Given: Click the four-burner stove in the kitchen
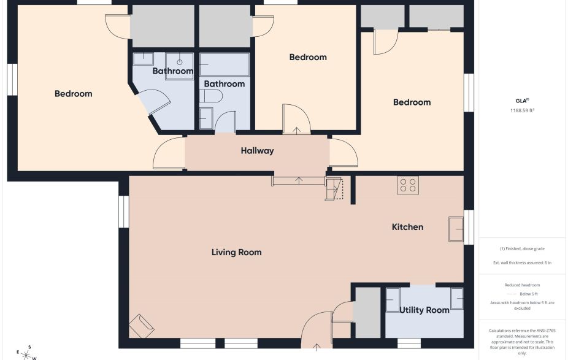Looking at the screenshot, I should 408,185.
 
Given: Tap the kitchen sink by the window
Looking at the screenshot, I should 456,229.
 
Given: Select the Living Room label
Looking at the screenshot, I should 236,252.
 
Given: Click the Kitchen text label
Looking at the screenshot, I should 407,227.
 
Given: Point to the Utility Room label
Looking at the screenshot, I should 424,310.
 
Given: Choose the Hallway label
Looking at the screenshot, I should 257,151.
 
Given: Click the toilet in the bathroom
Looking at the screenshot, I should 211,97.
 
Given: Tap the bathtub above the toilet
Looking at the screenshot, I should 224,64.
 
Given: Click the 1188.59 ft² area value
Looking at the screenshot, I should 523,111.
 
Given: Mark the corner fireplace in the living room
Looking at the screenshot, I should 142,325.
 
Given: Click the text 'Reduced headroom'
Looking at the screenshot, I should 522,285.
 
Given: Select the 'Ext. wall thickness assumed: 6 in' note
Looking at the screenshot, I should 522,262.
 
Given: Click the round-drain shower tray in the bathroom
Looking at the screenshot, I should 179,60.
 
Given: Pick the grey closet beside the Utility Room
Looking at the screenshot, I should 367,312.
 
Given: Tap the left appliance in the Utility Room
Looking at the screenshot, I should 393,298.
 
